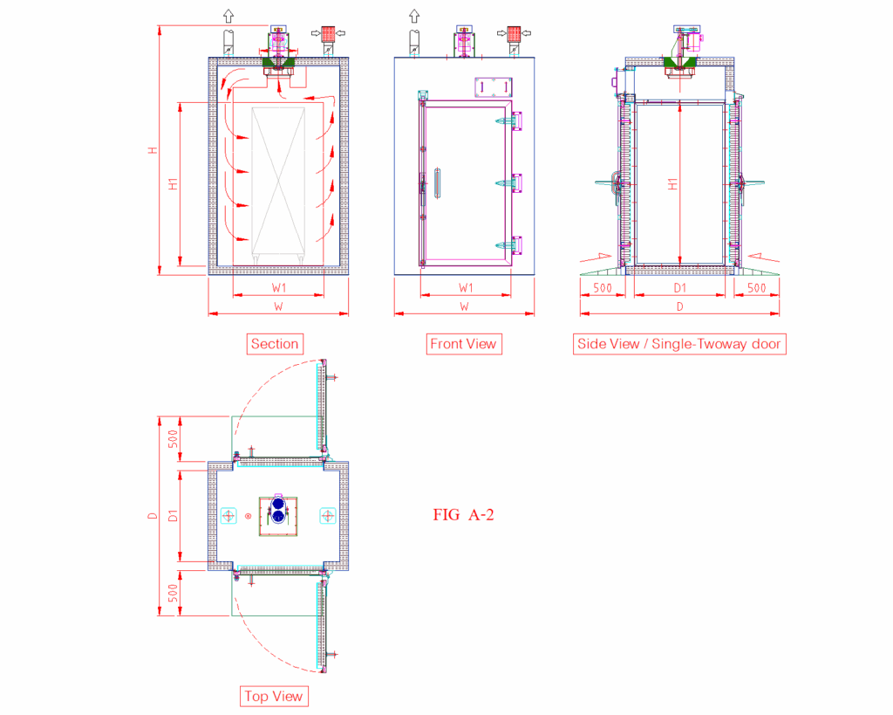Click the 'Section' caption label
[x=275, y=344]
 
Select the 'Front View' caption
[x=464, y=344]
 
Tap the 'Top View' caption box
[x=274, y=696]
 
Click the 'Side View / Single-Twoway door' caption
[x=679, y=344]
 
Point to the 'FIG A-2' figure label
[x=464, y=515]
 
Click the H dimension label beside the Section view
[x=153, y=150]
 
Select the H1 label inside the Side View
[x=672, y=184]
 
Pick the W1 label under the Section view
[x=278, y=288]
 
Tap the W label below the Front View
[x=464, y=306]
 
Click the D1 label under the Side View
[x=679, y=288]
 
